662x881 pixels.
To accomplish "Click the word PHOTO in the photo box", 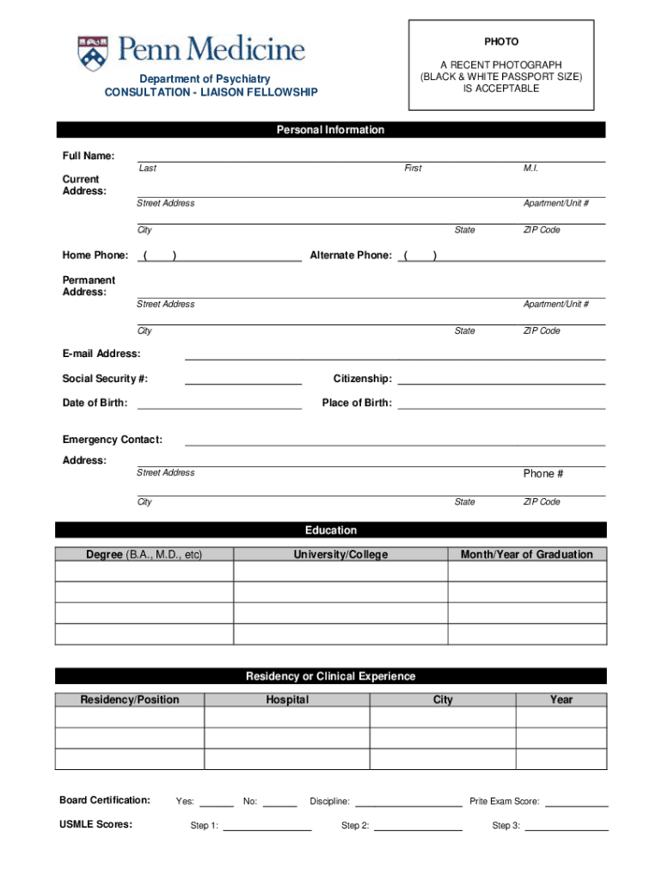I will coord(500,41).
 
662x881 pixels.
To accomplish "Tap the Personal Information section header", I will coord(330,130).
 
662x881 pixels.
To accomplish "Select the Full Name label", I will coord(89,156).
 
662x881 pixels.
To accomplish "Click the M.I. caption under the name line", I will coord(530,169).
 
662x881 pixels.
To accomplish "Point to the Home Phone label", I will coord(95,256).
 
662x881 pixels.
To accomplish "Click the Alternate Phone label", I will coord(351,256).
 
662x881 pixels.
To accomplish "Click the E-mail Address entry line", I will coord(395,358).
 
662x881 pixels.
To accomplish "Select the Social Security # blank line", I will coord(243,383).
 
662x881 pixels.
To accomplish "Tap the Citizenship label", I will coord(362,379).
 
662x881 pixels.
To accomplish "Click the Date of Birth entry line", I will coord(219,407).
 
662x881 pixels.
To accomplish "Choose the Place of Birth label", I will coord(357,403).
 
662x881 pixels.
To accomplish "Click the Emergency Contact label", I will coord(112,440).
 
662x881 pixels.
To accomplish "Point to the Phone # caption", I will coord(543,473).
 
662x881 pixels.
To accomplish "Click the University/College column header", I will coord(340,554).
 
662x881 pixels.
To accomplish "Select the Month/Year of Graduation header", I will coord(526,554).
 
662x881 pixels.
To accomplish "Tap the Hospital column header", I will coord(287,699).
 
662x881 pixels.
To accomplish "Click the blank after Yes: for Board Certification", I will coord(216,804).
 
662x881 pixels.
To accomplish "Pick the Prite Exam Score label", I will coord(504,801).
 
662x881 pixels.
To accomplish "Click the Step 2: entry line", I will coord(418,829).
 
